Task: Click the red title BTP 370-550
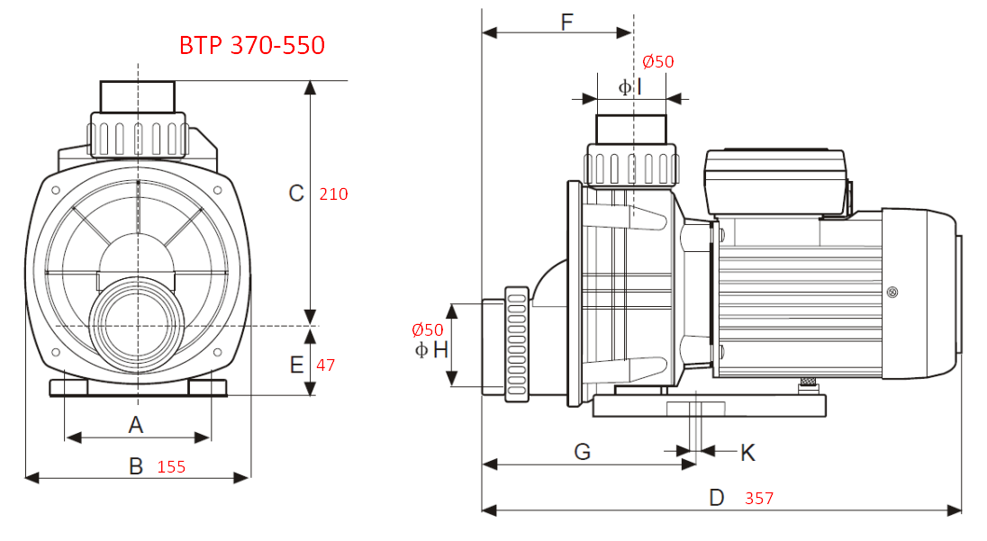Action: coord(252,45)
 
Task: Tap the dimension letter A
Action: coord(136,424)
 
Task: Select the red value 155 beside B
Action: coord(171,467)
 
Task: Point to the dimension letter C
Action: coord(295,193)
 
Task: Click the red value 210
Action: coord(333,194)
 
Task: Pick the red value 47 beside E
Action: coord(325,365)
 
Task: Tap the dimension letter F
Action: coord(566,23)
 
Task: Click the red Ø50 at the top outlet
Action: coord(657,62)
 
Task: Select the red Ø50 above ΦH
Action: coord(428,330)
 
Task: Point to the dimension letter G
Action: coord(583,452)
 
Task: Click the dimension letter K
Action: coord(747,452)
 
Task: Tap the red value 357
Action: coord(759,499)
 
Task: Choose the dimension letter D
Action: coord(717,498)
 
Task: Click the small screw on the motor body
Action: coord(892,292)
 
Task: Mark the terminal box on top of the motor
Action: coord(775,183)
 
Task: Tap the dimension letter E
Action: coord(296,365)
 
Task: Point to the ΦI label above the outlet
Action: coord(630,87)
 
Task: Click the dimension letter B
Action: coord(136,466)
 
